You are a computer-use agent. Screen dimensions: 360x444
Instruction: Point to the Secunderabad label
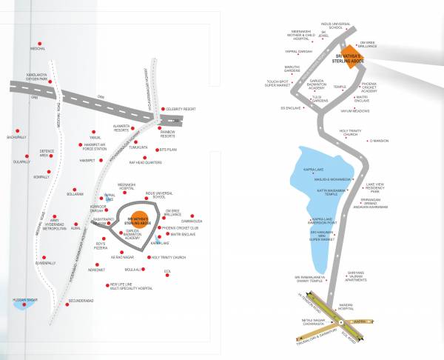81,301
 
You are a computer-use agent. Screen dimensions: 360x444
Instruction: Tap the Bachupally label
16,137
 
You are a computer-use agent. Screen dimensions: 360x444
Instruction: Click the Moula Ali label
133,270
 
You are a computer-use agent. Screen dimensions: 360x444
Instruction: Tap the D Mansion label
400,141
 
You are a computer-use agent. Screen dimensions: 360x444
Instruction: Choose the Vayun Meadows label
375,110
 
